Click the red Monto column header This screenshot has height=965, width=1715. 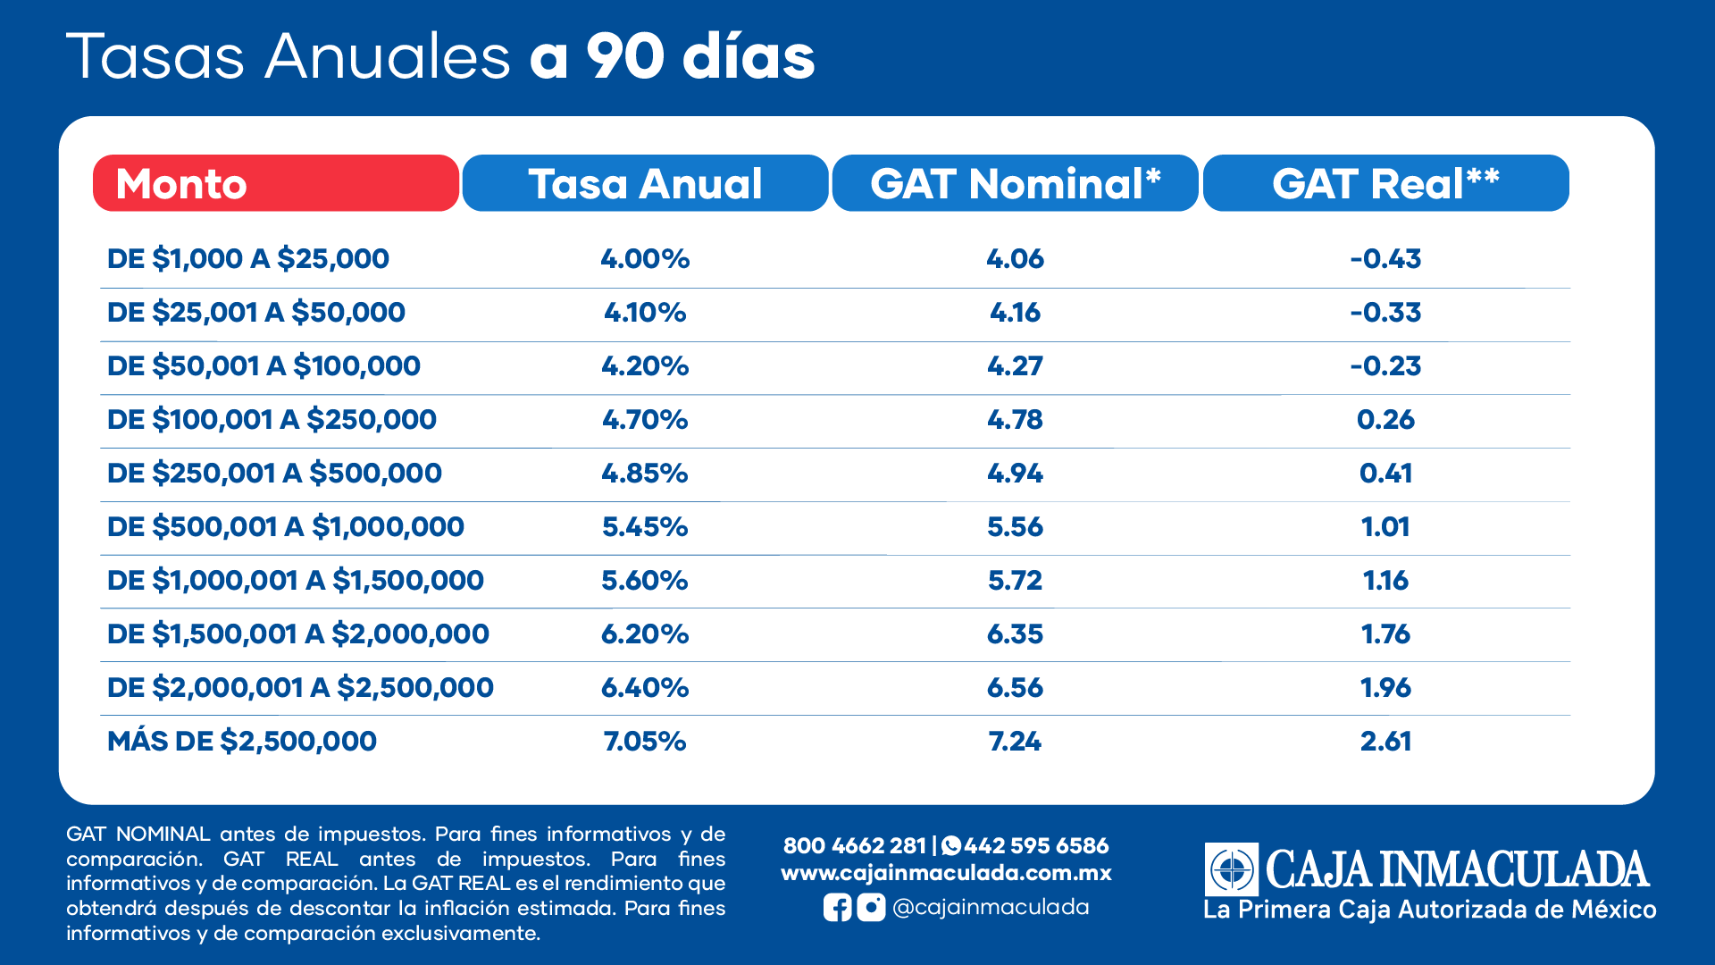275,183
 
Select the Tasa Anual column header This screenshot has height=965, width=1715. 645,183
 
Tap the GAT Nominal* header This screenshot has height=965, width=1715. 1015,183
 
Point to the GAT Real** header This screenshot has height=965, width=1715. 1385,183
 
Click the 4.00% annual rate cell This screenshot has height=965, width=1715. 645,259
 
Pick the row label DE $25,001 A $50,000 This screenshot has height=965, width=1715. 256,313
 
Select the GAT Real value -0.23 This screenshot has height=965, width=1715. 1385,366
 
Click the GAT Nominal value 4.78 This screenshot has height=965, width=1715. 1015,420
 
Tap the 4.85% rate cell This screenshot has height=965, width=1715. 645,474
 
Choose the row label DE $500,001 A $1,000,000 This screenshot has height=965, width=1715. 286,527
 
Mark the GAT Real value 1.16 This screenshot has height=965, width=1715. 1385,581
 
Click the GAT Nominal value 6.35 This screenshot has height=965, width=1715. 1015,634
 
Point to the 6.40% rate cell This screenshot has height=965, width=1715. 645,688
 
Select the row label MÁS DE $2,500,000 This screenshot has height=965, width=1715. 242,742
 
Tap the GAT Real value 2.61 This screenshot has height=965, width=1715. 1385,742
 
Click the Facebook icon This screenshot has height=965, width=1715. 837,908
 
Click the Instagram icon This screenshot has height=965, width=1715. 871,908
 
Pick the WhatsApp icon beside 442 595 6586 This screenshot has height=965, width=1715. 951,845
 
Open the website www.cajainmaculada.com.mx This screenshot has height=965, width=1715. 946,873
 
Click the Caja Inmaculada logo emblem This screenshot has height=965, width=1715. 1232,868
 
